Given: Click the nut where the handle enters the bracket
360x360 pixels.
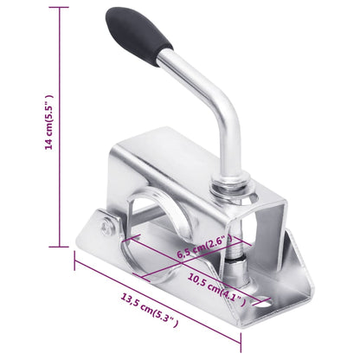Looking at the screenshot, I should (235, 186).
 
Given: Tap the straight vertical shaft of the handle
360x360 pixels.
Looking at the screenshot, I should (231, 138).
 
